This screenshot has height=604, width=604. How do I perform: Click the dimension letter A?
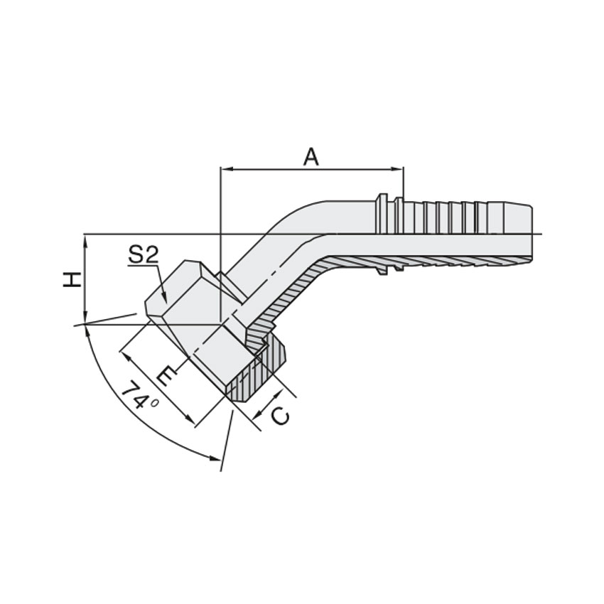pyautogui.click(x=311, y=157)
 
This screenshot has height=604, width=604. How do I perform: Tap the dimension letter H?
pyautogui.click(x=72, y=279)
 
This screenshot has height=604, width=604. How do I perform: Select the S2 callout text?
pyautogui.click(x=144, y=254)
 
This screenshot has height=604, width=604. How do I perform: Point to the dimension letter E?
pyautogui.click(x=166, y=377)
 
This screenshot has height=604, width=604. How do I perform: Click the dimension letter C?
pyautogui.click(x=280, y=416)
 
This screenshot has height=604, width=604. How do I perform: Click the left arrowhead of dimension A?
pyautogui.click(x=225, y=168)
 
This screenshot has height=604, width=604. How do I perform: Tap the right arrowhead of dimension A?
pyautogui.click(x=397, y=168)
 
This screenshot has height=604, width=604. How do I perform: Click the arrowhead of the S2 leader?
pyautogui.click(x=164, y=297)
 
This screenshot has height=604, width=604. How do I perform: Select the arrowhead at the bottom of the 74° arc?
pyautogui.click(x=214, y=458)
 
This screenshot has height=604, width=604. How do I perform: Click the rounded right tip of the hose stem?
pyautogui.click(x=531, y=234)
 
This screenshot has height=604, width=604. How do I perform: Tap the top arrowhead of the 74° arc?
pyautogui.click(x=87, y=330)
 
